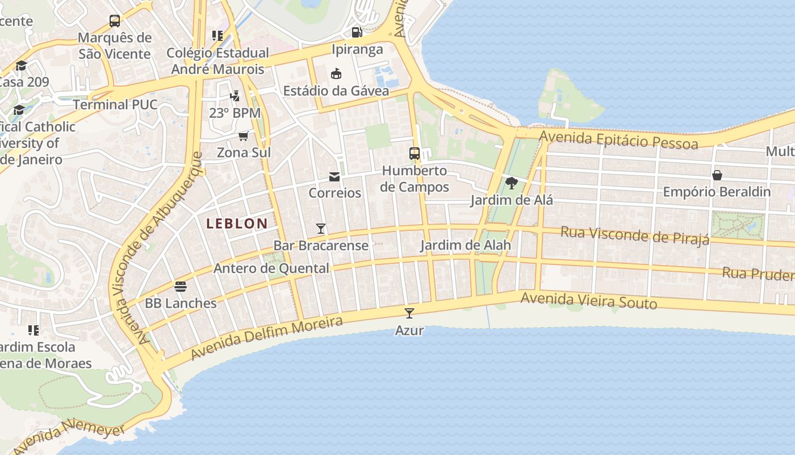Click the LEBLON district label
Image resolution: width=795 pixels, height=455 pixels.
pos(237,224)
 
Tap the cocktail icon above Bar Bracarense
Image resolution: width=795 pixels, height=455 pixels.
pos(321,229)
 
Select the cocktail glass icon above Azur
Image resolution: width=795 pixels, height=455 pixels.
pos(409,313)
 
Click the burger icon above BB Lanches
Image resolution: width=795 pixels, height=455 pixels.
pos(181,286)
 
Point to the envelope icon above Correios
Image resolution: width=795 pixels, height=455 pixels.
pos(334,177)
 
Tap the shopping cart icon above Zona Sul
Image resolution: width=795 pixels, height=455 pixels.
pos(244,136)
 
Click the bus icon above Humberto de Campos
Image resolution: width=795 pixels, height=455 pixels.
pos(415,153)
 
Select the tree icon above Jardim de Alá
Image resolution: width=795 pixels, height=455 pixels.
pos(511,183)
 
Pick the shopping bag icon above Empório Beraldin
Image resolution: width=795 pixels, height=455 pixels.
pos(717,175)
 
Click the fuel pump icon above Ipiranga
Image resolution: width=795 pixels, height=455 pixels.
pos(357,32)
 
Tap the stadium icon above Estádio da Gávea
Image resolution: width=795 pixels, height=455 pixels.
pos(336,73)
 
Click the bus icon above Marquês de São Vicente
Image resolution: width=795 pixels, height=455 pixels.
pos(115,21)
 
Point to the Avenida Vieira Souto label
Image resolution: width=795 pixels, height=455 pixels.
pos(588,300)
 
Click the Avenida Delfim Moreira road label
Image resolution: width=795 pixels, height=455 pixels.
pos(267,338)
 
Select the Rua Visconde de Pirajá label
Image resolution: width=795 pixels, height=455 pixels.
pos(635,234)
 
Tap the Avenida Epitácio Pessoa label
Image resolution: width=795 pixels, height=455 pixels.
pos(618,139)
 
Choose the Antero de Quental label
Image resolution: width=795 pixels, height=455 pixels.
pos(271,268)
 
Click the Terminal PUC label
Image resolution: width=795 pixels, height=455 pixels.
pos(115,105)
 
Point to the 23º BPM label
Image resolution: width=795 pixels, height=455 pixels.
pos(235,113)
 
